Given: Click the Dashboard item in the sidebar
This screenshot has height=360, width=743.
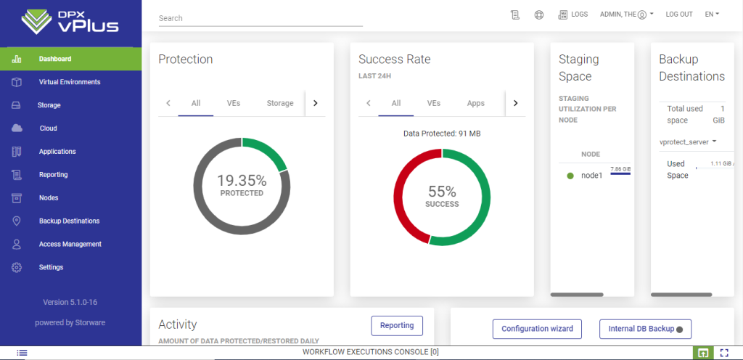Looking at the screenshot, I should [x=55, y=59].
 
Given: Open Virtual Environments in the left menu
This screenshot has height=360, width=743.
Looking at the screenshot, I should [x=70, y=82].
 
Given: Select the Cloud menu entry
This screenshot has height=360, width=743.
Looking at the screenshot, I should [x=48, y=128].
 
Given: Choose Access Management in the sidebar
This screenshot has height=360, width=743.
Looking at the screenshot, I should [x=70, y=244].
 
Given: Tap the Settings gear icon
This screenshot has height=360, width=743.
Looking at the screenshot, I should [x=17, y=267].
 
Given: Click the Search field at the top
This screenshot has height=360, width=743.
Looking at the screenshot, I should [x=260, y=18].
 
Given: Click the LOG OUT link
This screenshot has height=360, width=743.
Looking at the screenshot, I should [x=679, y=15].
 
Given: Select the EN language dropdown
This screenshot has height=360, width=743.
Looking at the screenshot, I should [x=712, y=15].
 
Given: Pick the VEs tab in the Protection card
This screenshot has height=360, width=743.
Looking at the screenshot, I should [x=234, y=103].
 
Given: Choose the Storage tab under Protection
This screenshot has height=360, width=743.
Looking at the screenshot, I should [x=280, y=103].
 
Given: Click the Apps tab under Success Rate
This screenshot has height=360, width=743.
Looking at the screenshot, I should [x=476, y=103].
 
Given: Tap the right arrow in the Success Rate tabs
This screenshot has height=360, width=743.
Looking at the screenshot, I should [x=516, y=103].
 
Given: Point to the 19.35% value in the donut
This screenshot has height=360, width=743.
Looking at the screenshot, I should [x=242, y=181].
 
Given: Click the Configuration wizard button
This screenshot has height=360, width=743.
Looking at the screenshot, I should [x=537, y=329].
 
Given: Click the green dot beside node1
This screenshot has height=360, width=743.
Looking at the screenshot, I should [x=570, y=176].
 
